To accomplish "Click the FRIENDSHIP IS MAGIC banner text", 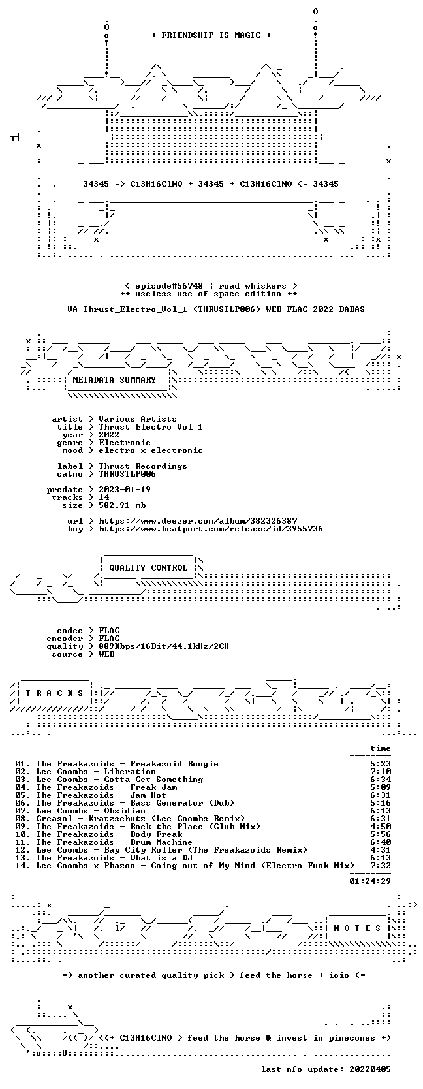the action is click(211, 35).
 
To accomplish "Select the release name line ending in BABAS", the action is click(216, 309).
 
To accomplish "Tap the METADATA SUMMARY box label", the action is click(114, 380).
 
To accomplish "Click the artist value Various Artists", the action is click(138, 419).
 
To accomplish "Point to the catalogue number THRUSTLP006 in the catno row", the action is click(127, 474).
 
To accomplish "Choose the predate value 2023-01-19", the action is click(125, 490).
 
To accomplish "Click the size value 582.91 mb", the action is click(122, 505).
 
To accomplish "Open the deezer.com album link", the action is click(198, 521).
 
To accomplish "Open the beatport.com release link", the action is click(211, 528).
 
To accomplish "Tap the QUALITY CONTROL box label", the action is click(148, 568).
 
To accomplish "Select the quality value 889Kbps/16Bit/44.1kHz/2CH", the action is click(164, 646).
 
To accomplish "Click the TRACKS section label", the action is click(54, 693).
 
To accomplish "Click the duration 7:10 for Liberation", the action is click(380, 772).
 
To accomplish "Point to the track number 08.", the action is click(22, 819).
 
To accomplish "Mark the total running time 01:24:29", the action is click(370, 881).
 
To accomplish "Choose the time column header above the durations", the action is click(380, 748).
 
